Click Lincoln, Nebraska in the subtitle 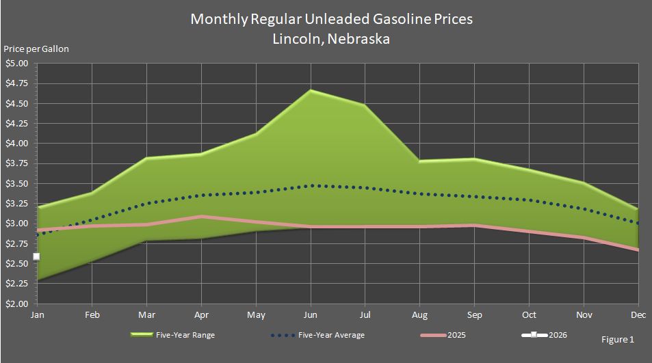pos(331,39)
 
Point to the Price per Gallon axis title pos(36,49)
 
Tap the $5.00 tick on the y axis pos(16,64)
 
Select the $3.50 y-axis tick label pos(16,184)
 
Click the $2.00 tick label pos(16,304)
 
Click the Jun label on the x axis pos(311,315)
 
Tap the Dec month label pos(638,315)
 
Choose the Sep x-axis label pos(474,315)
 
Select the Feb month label pos(92,315)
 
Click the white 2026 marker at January pos(36,256)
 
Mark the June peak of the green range pos(311,90)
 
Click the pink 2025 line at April pos(201,216)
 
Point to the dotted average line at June pos(311,185)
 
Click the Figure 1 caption pos(617,340)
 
